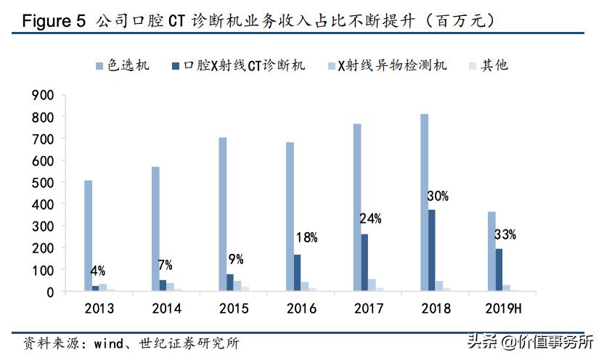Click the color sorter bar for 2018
[x=424, y=202]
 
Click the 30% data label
[x=437, y=196]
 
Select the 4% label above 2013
[x=97, y=271]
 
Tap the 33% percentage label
[x=505, y=234]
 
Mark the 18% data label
[x=306, y=237]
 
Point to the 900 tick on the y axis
[x=43, y=95]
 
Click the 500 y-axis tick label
[x=43, y=183]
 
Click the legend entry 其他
[x=494, y=66]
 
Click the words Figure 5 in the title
[x=54, y=21]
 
